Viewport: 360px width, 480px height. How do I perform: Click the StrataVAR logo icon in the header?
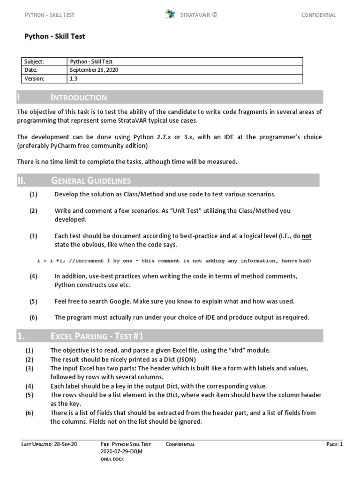170,14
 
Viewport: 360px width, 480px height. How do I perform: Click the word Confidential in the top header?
318,15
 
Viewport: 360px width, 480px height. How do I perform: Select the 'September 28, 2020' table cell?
94,70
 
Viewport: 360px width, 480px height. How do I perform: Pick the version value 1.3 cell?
74,79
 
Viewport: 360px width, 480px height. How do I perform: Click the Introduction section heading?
79,97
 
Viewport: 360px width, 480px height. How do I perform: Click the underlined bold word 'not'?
306,236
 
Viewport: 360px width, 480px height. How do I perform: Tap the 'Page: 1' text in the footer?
335,444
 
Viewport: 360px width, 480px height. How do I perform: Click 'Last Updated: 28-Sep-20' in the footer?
49,444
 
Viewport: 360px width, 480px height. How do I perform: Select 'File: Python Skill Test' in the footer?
126,444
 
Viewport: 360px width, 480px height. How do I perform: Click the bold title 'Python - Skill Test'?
54,36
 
